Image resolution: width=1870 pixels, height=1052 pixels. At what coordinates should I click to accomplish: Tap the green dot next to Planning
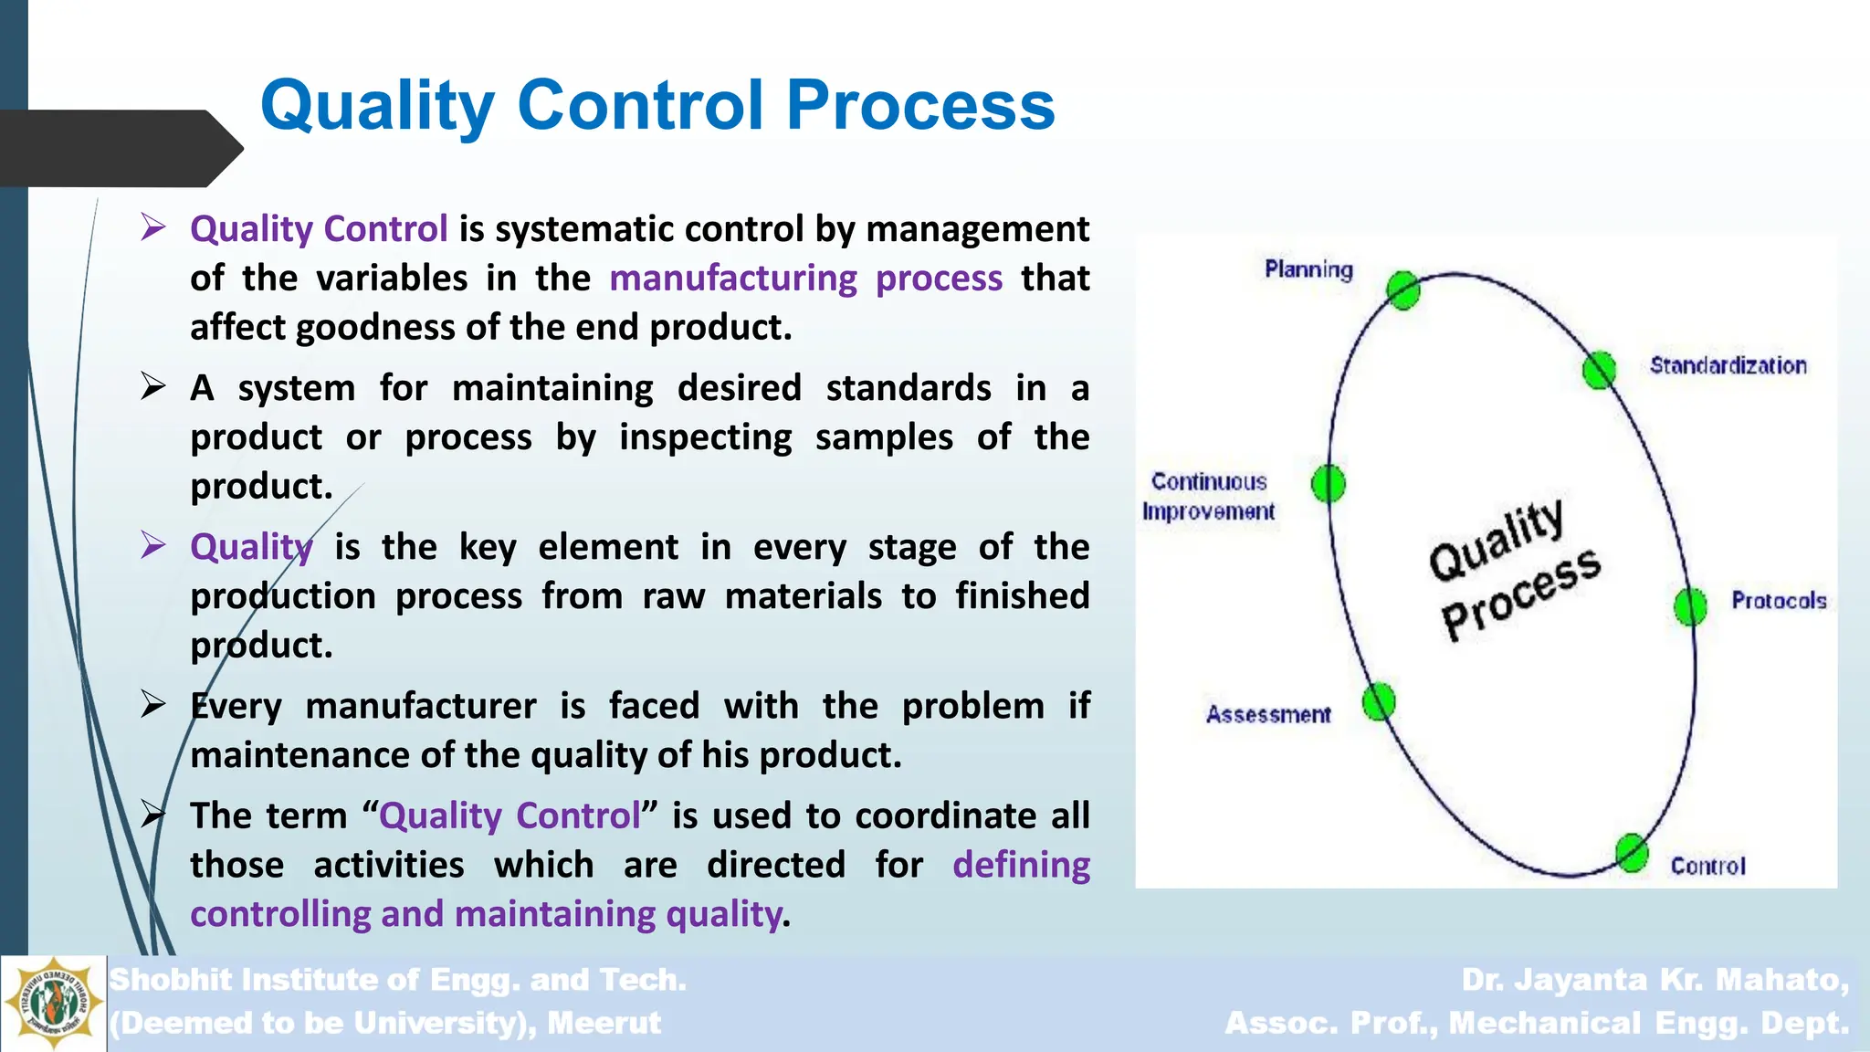(1402, 290)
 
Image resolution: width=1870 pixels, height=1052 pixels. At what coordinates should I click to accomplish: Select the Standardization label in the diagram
(1728, 366)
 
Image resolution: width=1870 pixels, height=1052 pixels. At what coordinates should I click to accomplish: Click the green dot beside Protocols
(1690, 605)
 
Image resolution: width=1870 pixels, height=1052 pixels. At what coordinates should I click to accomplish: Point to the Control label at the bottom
(1707, 866)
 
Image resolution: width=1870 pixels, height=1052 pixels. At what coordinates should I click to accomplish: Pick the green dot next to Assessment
(1379, 702)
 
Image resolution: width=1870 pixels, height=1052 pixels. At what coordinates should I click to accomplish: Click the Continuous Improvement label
(1208, 497)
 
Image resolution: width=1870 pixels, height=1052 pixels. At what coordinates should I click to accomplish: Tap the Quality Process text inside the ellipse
(1514, 570)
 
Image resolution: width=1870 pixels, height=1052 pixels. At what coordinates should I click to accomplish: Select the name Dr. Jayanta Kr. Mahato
(1655, 980)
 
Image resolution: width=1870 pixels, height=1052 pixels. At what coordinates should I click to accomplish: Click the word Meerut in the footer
(604, 1023)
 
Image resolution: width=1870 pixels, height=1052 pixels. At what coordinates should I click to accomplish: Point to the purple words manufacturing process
(805, 278)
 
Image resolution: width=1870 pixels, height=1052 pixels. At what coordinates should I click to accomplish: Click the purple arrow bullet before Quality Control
(153, 226)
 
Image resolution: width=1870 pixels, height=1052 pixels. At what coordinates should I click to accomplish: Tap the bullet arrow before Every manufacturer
(153, 704)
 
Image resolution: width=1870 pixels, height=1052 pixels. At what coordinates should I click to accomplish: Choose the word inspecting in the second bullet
(705, 437)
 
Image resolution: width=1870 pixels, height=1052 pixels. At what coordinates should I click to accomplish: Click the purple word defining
(1021, 865)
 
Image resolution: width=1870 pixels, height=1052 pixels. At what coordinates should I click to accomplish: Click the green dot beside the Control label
(1631, 853)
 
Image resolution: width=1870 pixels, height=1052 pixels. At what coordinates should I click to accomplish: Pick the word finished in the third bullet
(1022, 596)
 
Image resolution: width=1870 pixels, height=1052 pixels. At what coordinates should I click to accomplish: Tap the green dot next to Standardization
(1598, 370)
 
